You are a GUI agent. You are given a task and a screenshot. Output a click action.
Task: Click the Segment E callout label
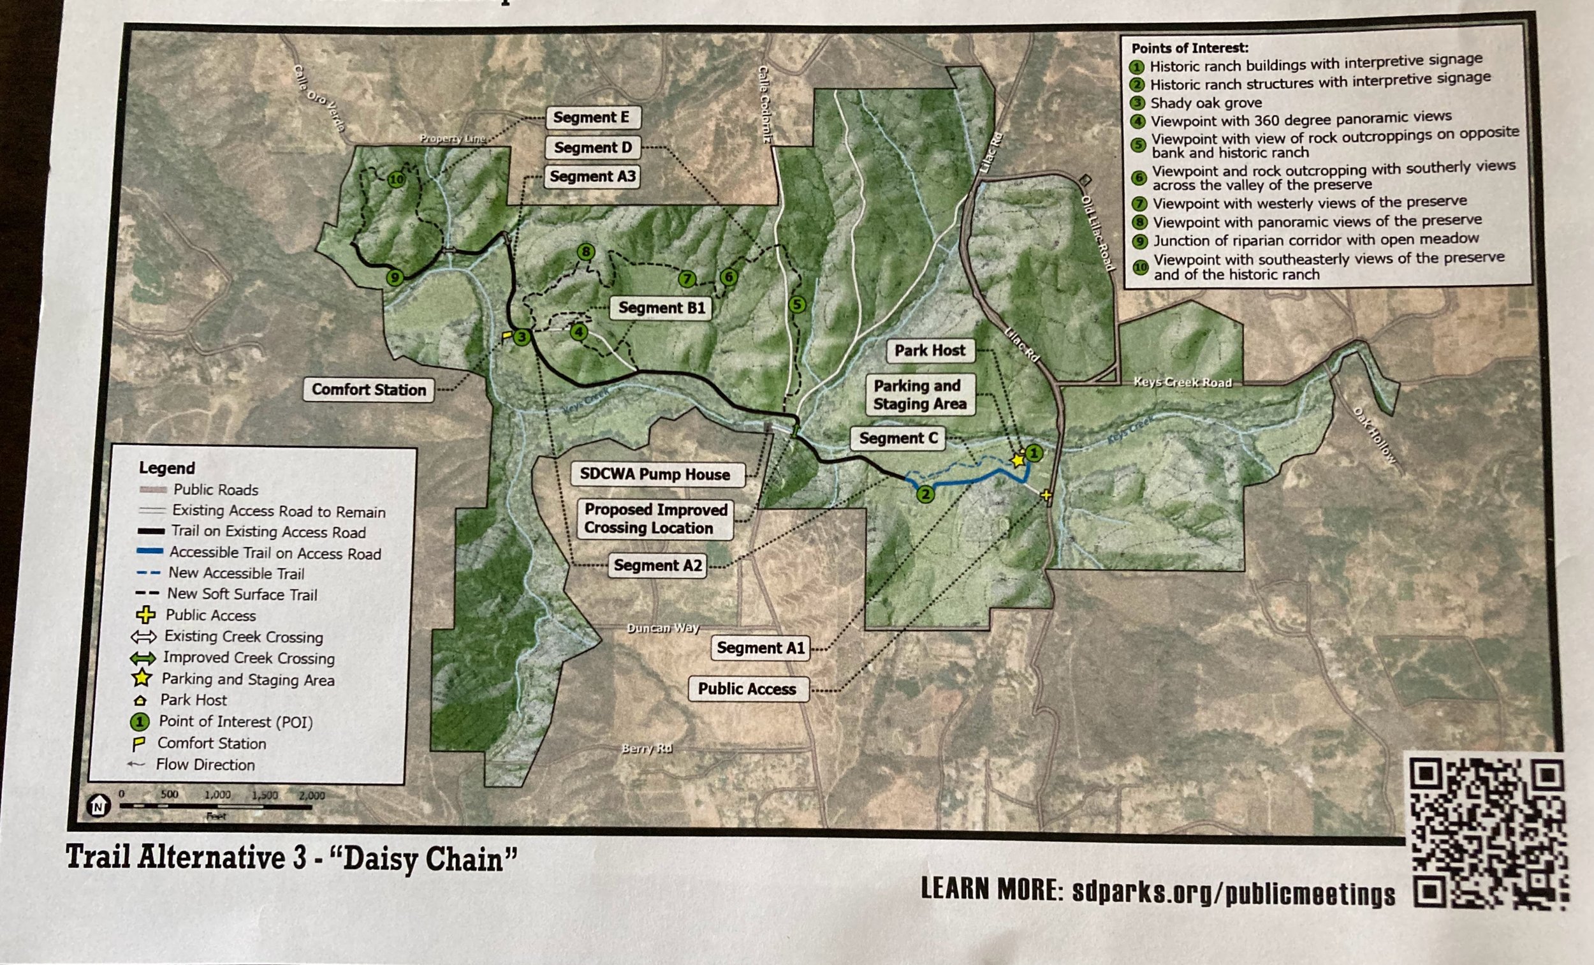(x=591, y=117)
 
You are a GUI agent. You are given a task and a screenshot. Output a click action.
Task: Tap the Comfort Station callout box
(x=369, y=390)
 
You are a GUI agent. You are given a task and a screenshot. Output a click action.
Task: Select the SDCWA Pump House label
(x=655, y=475)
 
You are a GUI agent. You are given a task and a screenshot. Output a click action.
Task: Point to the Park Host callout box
(x=930, y=351)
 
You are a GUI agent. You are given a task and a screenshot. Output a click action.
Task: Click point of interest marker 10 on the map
(x=396, y=179)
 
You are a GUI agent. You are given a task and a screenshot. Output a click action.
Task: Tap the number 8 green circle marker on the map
(x=586, y=252)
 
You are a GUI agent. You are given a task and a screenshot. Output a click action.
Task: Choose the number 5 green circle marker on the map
(x=797, y=304)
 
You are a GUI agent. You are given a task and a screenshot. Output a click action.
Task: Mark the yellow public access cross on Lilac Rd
(x=1046, y=496)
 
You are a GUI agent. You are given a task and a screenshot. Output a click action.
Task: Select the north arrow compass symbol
(x=98, y=806)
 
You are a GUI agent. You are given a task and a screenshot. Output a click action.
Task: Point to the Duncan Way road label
(x=663, y=628)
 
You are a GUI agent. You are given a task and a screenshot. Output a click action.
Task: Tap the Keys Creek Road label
(x=1182, y=383)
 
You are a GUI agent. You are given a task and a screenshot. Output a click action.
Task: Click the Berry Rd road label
(x=647, y=749)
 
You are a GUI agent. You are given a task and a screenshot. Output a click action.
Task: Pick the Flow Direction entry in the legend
(x=205, y=765)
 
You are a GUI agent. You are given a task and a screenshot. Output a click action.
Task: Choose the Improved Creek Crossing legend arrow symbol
(x=142, y=659)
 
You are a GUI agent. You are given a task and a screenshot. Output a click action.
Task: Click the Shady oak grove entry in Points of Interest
(x=1205, y=103)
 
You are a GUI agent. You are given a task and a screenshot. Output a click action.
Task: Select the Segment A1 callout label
(x=760, y=648)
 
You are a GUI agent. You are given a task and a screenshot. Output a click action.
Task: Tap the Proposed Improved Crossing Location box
(x=655, y=519)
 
